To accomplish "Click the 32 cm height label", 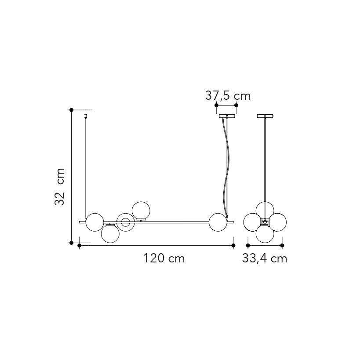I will [x=60, y=186].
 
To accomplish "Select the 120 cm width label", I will [x=164, y=258].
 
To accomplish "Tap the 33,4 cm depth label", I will [x=265, y=258].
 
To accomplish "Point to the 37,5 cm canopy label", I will [x=228, y=95].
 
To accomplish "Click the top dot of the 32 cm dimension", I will [x=71, y=109].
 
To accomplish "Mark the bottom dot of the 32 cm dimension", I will [x=71, y=242].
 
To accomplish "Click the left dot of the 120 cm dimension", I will [x=79, y=245].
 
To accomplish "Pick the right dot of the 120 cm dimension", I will [x=233, y=245].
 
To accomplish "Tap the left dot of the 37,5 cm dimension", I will [x=216, y=105].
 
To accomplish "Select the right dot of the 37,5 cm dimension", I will [x=236, y=105].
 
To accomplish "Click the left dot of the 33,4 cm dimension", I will [x=248, y=245].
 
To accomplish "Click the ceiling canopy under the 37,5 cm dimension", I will [x=226, y=116].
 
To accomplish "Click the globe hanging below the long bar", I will [x=110, y=233].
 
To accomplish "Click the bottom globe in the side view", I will [x=265, y=234].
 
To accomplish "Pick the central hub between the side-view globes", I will [x=265, y=222].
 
